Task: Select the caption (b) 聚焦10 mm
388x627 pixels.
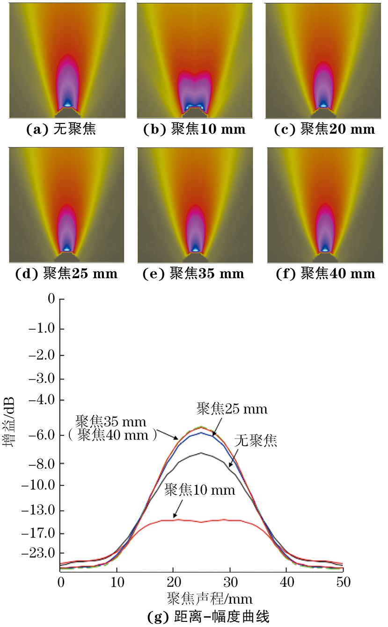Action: pyautogui.click(x=194, y=129)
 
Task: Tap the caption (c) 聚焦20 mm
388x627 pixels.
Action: pyautogui.click(x=324, y=129)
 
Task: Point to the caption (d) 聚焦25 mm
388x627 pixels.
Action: pyautogui.click(x=66, y=274)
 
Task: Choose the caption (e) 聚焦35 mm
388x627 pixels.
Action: pyautogui.click(x=193, y=274)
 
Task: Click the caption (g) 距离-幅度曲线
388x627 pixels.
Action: pyautogui.click(x=208, y=617)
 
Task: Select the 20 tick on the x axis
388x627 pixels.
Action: pyautogui.click(x=173, y=582)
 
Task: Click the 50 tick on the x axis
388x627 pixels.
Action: pyautogui.click(x=343, y=582)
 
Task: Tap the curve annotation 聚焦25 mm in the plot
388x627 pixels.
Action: pyautogui.click(x=232, y=409)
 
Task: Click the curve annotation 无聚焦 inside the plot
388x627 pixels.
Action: pyautogui.click(x=256, y=440)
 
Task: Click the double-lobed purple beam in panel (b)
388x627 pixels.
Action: pyautogui.click(x=194, y=91)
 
